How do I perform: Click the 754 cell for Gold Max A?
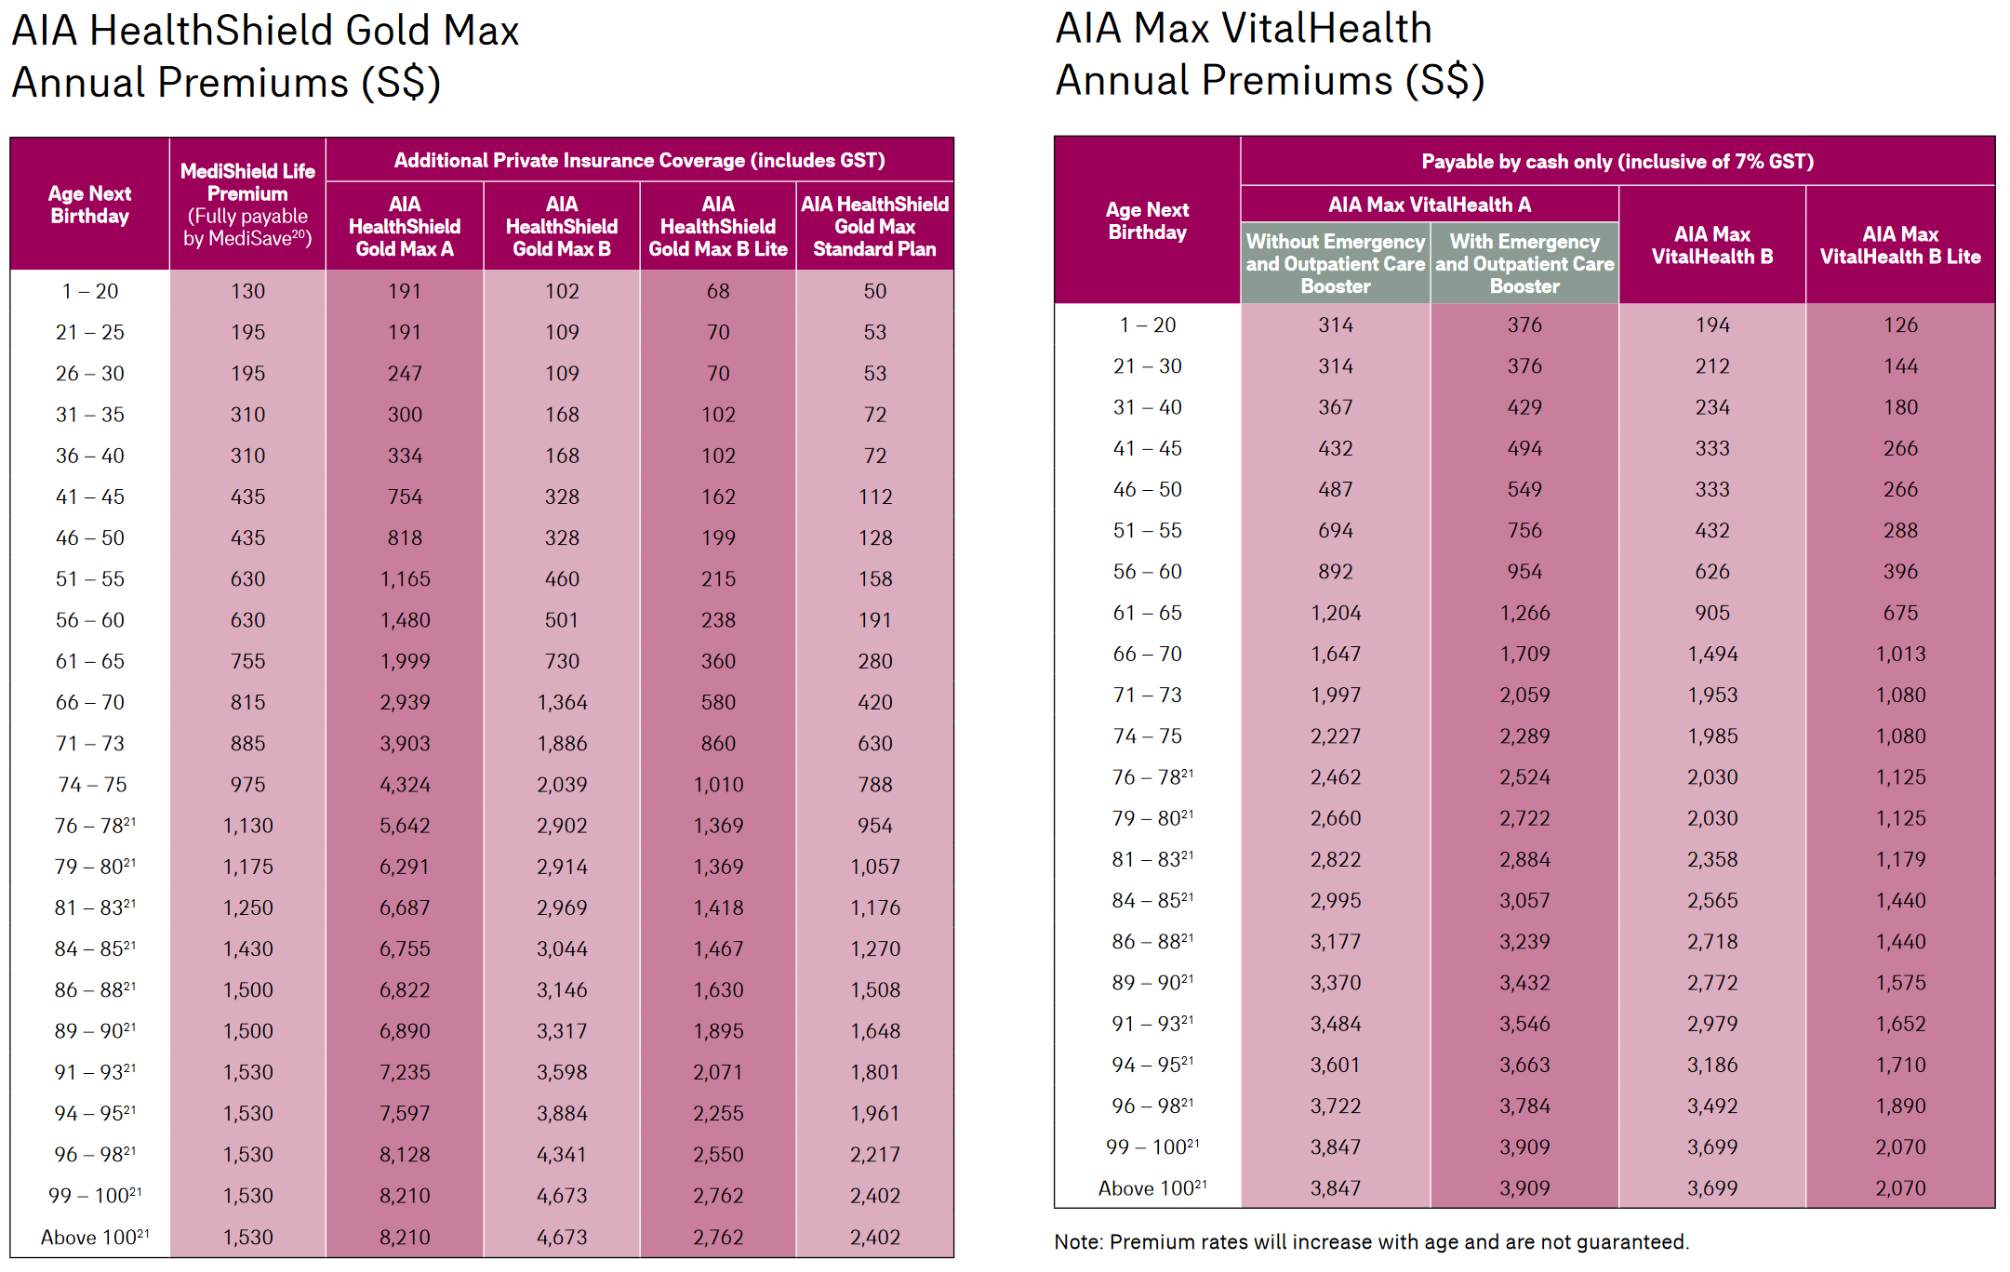click(x=405, y=497)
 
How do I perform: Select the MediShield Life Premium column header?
click(x=247, y=205)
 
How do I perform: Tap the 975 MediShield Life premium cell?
click(x=247, y=784)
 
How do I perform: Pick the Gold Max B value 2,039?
click(x=562, y=784)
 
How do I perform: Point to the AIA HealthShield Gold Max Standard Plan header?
click(x=874, y=226)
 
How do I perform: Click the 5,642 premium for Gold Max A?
click(x=405, y=825)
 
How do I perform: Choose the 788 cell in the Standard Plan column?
click(x=874, y=784)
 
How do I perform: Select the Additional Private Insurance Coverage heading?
click(x=639, y=160)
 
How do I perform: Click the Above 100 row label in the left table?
click(x=94, y=1237)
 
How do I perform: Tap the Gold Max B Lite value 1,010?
click(x=718, y=784)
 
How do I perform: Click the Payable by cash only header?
click(x=1617, y=162)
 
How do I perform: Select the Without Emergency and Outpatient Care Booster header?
click(x=1335, y=263)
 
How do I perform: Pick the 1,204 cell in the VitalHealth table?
click(x=1335, y=613)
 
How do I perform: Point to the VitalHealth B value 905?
click(x=1711, y=613)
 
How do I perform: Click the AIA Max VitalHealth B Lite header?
click(x=1899, y=245)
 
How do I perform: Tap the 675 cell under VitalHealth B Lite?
click(x=1900, y=613)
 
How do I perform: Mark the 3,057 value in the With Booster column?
click(x=1524, y=900)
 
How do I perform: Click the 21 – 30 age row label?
click(x=1147, y=366)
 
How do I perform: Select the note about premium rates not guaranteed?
click(x=1371, y=1241)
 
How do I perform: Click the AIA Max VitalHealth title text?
click(x=1244, y=29)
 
